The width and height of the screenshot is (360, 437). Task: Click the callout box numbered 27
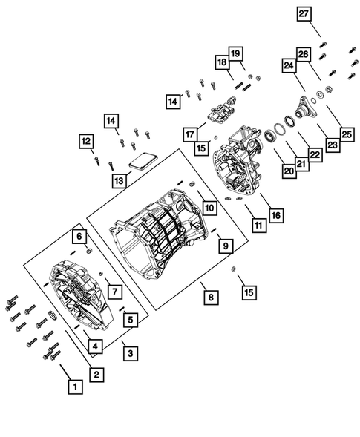point(304,13)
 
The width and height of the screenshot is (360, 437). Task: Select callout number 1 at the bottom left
point(75,387)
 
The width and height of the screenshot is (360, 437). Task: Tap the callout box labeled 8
point(211,298)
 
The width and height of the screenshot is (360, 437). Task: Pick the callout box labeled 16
point(276,215)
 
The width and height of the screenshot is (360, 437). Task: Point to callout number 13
point(119,181)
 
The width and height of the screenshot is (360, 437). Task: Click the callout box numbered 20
point(289,171)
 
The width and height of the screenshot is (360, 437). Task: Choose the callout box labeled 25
point(347,135)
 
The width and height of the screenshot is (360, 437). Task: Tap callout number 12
point(86,142)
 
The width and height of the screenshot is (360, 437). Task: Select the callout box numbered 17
point(190,135)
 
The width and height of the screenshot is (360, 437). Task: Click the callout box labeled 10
point(210,208)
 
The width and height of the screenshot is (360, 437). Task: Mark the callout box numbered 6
point(79,237)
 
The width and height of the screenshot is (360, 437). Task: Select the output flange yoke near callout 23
point(304,108)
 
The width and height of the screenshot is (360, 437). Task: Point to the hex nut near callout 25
point(329,90)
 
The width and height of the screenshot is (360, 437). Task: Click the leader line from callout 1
point(65,372)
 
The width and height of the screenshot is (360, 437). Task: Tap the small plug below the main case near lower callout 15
point(233,269)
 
